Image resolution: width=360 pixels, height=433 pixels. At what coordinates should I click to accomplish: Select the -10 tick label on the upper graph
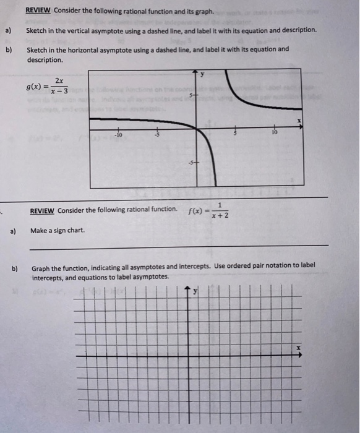point(118,134)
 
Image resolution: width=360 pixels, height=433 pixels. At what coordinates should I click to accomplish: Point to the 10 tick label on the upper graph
point(274,133)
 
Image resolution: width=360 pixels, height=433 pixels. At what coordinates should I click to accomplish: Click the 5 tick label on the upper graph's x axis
point(235,134)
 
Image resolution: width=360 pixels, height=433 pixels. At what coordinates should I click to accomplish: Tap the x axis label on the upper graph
point(298,119)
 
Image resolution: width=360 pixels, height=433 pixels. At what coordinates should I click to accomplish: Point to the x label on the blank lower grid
point(298,349)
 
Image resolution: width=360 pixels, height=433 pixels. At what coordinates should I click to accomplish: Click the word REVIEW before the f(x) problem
point(42,210)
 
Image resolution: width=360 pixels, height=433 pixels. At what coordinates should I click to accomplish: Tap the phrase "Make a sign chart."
point(58,230)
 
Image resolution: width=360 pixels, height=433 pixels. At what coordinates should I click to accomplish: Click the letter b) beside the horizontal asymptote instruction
point(9,49)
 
